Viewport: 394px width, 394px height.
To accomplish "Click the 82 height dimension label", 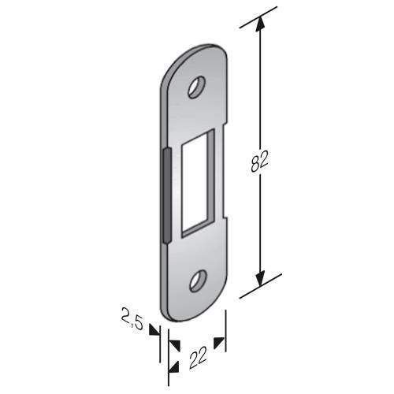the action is coord(259,162).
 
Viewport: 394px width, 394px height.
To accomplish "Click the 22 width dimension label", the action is coord(198,358).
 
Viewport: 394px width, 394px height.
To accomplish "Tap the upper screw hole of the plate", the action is coord(197,87).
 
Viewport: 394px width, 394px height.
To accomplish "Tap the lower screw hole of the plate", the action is coord(198,281).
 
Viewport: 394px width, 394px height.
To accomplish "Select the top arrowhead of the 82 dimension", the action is coord(260,24).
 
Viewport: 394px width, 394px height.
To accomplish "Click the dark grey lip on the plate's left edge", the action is coord(167,195).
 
